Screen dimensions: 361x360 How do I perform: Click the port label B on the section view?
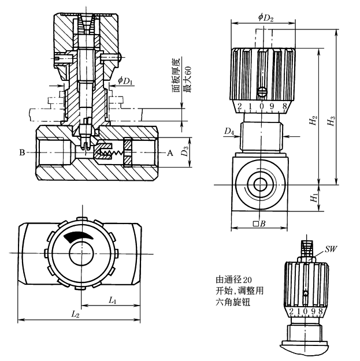point(22,153)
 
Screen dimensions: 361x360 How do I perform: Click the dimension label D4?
point(229,132)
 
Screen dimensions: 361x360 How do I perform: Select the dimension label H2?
point(313,122)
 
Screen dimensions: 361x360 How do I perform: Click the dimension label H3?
point(330,122)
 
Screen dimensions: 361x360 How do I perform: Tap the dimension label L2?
point(76,314)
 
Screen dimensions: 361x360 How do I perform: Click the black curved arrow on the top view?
point(78,236)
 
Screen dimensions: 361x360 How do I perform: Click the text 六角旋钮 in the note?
point(229,302)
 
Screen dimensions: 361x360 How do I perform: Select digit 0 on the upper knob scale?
point(263,106)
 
